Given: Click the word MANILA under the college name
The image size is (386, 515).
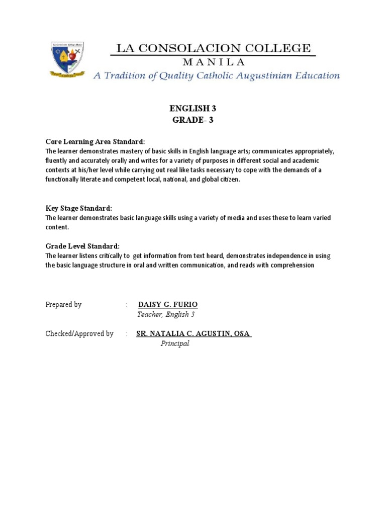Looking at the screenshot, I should point(214,62).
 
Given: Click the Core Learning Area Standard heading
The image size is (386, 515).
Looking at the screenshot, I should point(95,141).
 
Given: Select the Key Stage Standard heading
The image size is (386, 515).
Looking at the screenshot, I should point(78,208).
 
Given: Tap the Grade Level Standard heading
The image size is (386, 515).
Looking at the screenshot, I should point(82,246).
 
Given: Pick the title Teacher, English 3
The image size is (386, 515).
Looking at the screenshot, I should point(165,314).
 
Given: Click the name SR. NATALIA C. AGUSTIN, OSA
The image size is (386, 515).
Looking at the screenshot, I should point(193,333).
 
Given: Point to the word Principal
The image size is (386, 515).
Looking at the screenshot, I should point(174,344).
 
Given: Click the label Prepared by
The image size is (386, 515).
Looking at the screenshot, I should point(63,305).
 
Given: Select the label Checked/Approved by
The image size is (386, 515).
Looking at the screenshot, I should point(79,333).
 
